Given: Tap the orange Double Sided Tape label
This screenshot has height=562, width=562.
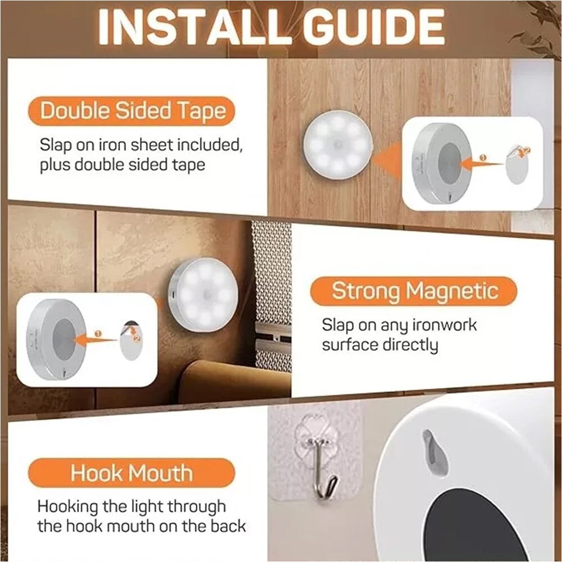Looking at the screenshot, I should (132, 111).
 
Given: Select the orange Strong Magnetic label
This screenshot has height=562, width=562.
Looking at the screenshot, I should (414, 291).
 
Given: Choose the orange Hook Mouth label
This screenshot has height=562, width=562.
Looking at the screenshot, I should (132, 473).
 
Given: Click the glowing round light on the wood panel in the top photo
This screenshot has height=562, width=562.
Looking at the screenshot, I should (337, 145).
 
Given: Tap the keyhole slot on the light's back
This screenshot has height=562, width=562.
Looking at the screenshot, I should (434, 449).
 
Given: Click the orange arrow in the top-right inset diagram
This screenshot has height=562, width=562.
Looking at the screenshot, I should (483, 163).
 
